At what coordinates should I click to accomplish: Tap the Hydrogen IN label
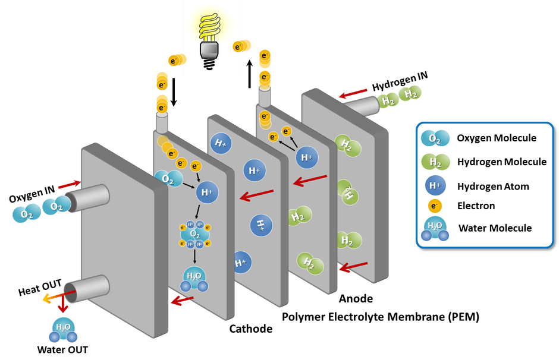[x=400, y=83]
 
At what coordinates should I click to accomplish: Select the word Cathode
[x=251, y=329]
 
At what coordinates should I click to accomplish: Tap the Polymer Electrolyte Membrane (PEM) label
[x=381, y=317]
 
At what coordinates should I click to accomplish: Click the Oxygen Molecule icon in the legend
[x=431, y=138]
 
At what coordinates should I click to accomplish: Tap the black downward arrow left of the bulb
[x=174, y=94]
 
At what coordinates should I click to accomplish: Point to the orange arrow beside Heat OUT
[x=51, y=295]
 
